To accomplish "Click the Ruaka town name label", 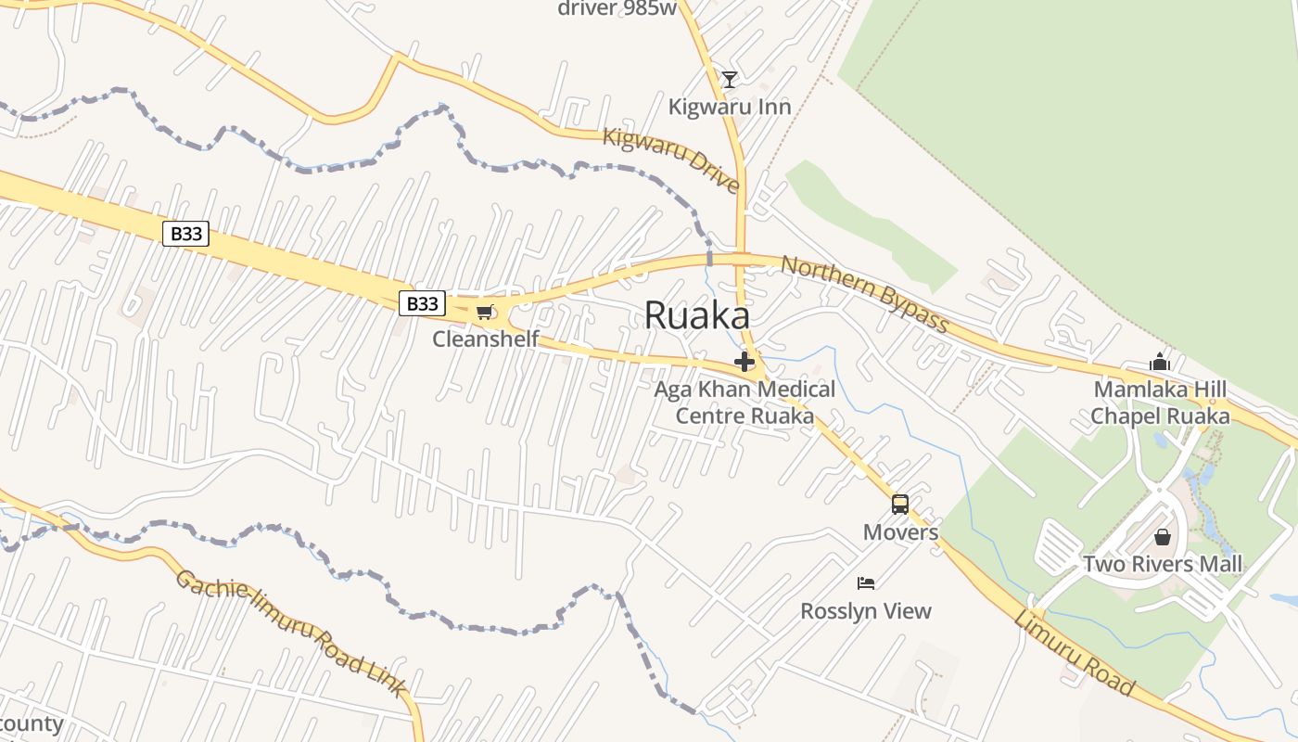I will [696, 315].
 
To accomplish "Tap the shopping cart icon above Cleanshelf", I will [484, 313].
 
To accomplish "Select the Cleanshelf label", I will [485, 339].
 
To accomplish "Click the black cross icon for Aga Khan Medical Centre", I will [744, 362].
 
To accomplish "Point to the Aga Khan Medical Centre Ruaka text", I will [744, 403].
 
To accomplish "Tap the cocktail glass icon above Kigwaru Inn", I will [730, 80].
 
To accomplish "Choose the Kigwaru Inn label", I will [730, 107].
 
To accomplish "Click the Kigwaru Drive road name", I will [671, 160].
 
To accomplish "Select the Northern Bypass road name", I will [864, 293].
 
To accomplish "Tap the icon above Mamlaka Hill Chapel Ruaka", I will [1160, 363].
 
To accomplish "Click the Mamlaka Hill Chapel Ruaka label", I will [1160, 403].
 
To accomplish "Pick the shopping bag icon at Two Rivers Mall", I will [1163, 537].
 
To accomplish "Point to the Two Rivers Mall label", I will [1163, 564].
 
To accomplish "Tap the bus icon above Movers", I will [900, 505].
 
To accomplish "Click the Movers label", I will [900, 532].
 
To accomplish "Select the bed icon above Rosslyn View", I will [866, 583].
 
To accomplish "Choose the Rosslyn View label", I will [866, 611].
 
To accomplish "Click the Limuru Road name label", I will [1074, 653].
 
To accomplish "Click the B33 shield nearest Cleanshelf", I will [422, 303].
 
